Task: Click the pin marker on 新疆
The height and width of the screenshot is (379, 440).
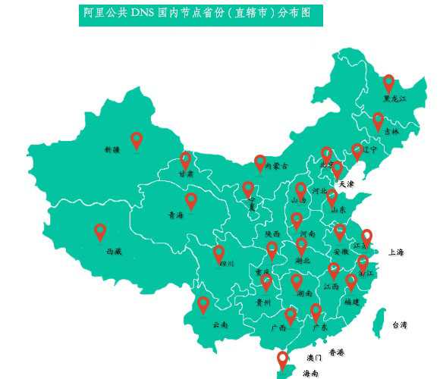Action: (x=137, y=139)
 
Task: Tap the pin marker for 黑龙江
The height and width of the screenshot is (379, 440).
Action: (x=388, y=83)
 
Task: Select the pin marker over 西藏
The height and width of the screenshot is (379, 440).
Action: (x=100, y=231)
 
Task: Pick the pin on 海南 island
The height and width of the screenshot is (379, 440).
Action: (x=283, y=359)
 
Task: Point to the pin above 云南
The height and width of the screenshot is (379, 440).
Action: (x=203, y=304)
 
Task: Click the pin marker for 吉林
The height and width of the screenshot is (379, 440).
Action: (x=378, y=121)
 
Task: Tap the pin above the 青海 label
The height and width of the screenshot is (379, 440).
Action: (x=191, y=200)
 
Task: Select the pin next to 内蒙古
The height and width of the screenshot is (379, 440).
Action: (x=260, y=163)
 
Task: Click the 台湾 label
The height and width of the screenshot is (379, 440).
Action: (x=399, y=325)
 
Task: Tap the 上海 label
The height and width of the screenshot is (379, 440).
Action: (x=396, y=252)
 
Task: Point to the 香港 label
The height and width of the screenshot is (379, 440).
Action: (x=336, y=352)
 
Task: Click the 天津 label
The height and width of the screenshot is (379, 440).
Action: (x=346, y=184)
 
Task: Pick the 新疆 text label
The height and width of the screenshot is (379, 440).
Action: (x=112, y=150)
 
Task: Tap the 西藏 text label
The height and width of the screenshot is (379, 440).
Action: (x=114, y=250)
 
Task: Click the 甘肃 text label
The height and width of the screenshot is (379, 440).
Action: (x=186, y=174)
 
